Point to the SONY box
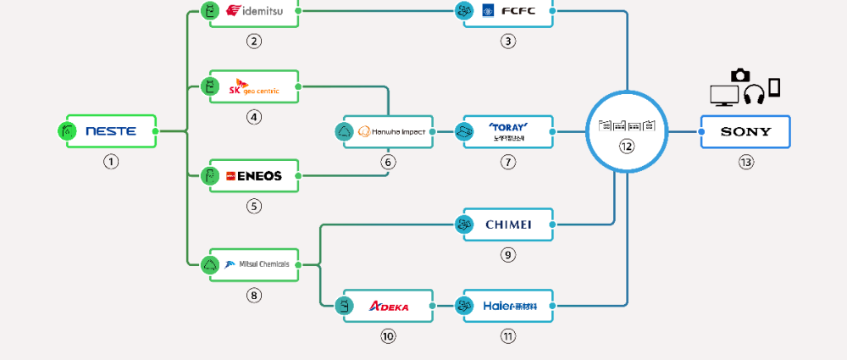745,131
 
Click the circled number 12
627,147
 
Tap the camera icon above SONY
740,75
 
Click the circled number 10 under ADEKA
389,336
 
